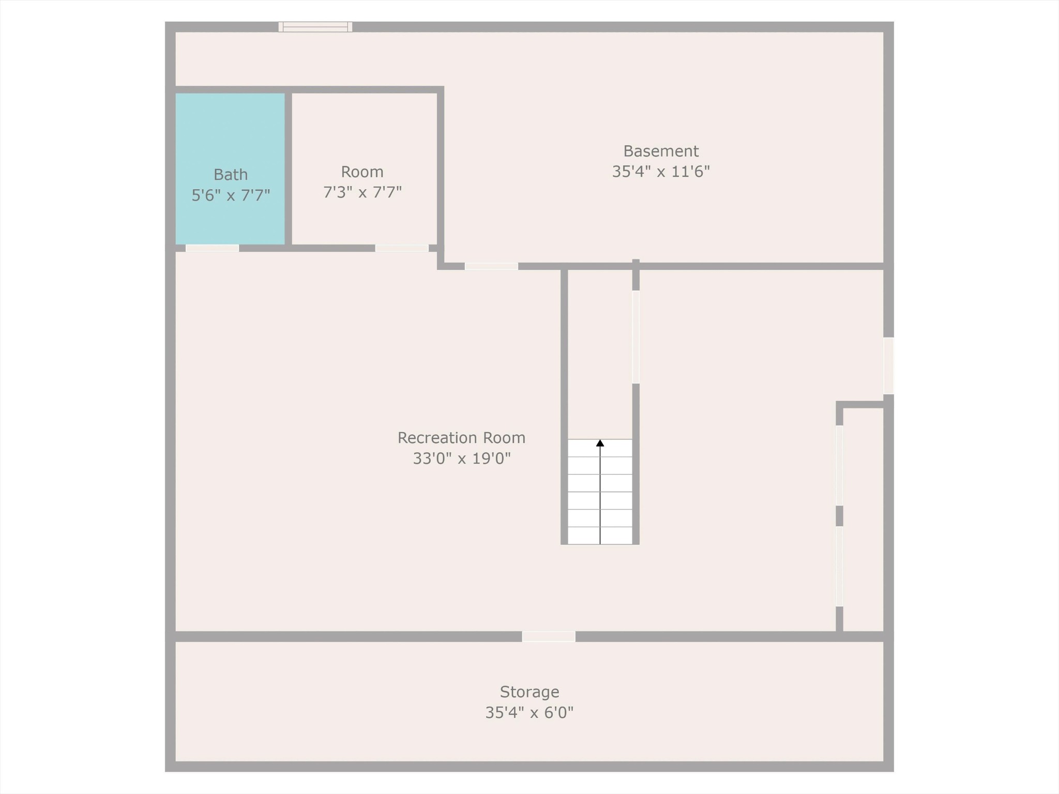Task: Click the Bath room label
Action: click(x=231, y=175)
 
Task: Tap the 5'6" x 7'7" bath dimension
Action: click(x=231, y=195)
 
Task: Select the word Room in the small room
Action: click(x=362, y=172)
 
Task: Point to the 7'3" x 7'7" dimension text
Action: click(x=362, y=192)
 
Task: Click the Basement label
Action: click(x=661, y=151)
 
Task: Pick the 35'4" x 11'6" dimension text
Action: click(x=661, y=172)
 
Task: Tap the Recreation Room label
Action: click(x=461, y=438)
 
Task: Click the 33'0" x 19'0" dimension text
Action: click(x=461, y=459)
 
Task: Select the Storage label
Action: click(x=529, y=692)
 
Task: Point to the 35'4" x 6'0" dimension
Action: click(x=529, y=713)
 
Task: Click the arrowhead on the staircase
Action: click(x=600, y=443)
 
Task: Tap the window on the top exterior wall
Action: click(x=315, y=27)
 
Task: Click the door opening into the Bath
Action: click(x=212, y=248)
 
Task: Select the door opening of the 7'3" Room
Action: click(x=402, y=248)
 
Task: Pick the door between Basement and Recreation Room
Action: click(x=491, y=266)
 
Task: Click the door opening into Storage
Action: click(x=549, y=636)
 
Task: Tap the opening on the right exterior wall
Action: click(x=888, y=365)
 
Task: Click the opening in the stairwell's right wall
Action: click(x=636, y=337)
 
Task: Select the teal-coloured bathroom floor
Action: click(x=230, y=169)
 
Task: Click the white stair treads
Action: click(x=600, y=492)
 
